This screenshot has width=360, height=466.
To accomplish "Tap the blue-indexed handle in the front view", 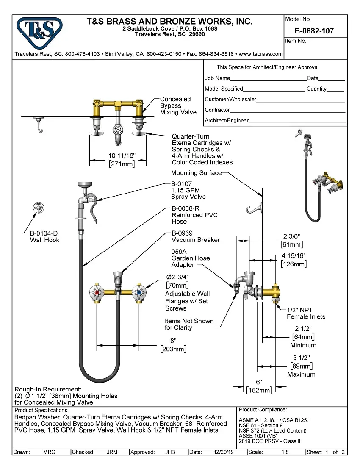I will click(x=138, y=292).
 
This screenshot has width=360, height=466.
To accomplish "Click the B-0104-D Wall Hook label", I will click(x=44, y=236).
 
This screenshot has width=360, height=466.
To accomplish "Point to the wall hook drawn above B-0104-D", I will click(x=39, y=209).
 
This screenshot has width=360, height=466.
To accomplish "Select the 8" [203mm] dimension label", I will click(x=173, y=345).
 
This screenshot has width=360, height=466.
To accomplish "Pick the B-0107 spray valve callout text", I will click(x=188, y=191).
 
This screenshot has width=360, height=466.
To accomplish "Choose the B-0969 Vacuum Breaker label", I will click(x=195, y=236).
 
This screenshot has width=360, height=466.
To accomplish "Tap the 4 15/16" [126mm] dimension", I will click(x=294, y=260).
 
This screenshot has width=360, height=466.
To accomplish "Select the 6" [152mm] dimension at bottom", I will click(x=259, y=386).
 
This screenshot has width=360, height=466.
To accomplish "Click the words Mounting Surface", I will click(x=196, y=173).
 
